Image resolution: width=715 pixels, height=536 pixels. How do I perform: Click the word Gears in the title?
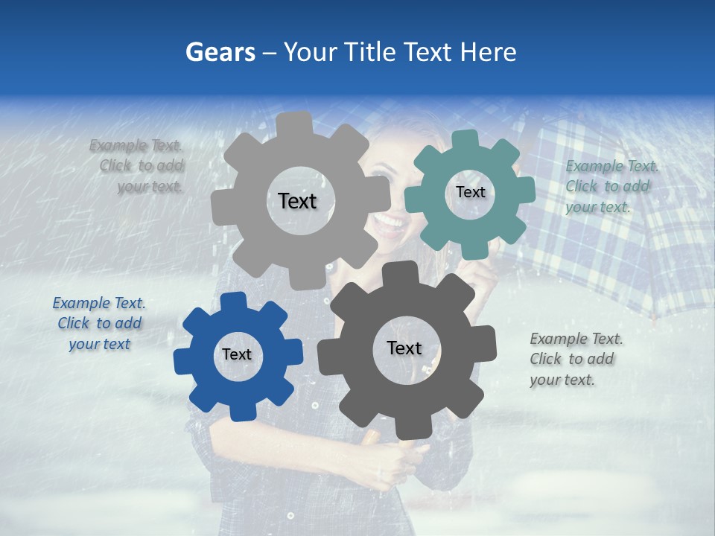click(x=220, y=52)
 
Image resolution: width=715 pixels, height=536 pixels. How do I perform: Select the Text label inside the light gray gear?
click(x=297, y=201)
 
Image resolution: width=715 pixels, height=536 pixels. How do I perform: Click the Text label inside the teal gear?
click(x=470, y=192)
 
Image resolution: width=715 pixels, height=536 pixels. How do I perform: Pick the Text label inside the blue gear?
click(x=237, y=354)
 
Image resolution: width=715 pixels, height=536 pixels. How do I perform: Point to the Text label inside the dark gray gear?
click(x=404, y=348)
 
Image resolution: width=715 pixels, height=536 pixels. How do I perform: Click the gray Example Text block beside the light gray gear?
click(x=138, y=166)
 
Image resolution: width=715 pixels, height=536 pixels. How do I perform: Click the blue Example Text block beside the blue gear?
click(x=99, y=323)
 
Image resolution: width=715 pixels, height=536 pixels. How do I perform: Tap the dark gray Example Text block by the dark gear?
click(x=575, y=359)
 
